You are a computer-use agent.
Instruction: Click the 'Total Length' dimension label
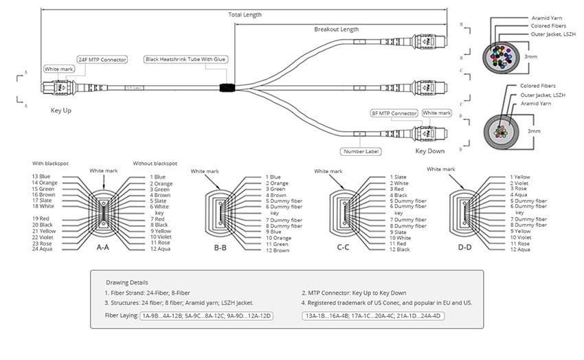pos(245,14)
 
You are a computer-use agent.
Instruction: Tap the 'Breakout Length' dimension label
pos(336,30)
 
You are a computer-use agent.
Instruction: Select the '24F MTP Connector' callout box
pos(102,60)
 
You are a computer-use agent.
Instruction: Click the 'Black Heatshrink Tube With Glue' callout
pos(186,60)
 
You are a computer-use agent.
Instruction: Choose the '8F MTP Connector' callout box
pos(394,113)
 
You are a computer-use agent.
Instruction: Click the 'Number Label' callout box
pos(361,151)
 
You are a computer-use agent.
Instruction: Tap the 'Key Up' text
pos(61,110)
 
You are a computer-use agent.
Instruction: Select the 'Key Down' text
pos(429,150)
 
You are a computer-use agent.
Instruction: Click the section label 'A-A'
pos(102,247)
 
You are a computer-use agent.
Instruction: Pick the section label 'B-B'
pos(220,247)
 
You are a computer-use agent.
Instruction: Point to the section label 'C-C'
pos(343,247)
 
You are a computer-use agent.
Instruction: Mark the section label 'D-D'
pos(465,247)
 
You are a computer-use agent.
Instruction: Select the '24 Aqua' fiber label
pos(44,248)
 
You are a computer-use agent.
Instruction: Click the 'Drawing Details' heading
pos(126,282)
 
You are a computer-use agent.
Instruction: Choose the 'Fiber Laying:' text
pos(121,315)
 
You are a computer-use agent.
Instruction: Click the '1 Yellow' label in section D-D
pos(520,177)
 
